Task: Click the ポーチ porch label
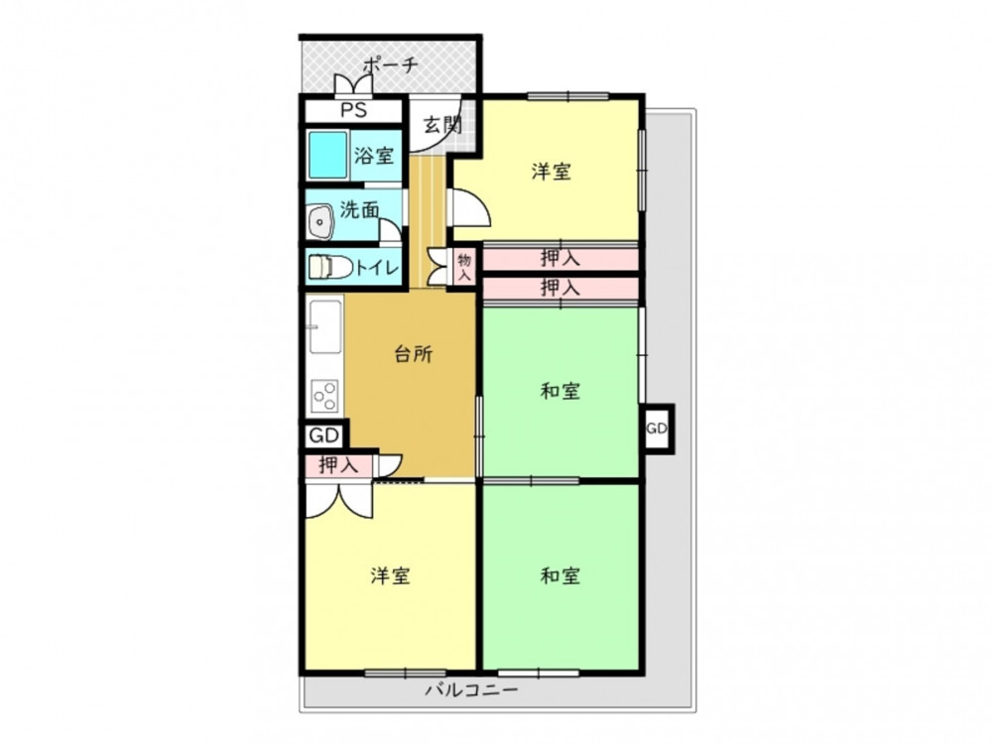(x=390, y=65)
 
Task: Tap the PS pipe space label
(x=354, y=110)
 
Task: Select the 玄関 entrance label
(x=442, y=125)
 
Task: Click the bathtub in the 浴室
(x=327, y=155)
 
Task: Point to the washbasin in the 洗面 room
(x=320, y=222)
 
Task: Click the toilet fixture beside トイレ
(x=330, y=267)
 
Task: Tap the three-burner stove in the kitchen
(x=324, y=396)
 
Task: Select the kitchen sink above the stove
(x=325, y=327)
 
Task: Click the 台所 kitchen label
(x=413, y=354)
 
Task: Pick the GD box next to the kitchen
(x=324, y=435)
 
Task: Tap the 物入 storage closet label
(x=464, y=267)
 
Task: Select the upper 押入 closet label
(x=559, y=258)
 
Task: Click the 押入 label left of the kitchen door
(x=338, y=465)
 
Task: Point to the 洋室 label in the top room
(x=551, y=171)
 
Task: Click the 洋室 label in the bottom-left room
(x=390, y=575)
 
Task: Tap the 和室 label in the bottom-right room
(x=560, y=575)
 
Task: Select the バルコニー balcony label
(x=471, y=689)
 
